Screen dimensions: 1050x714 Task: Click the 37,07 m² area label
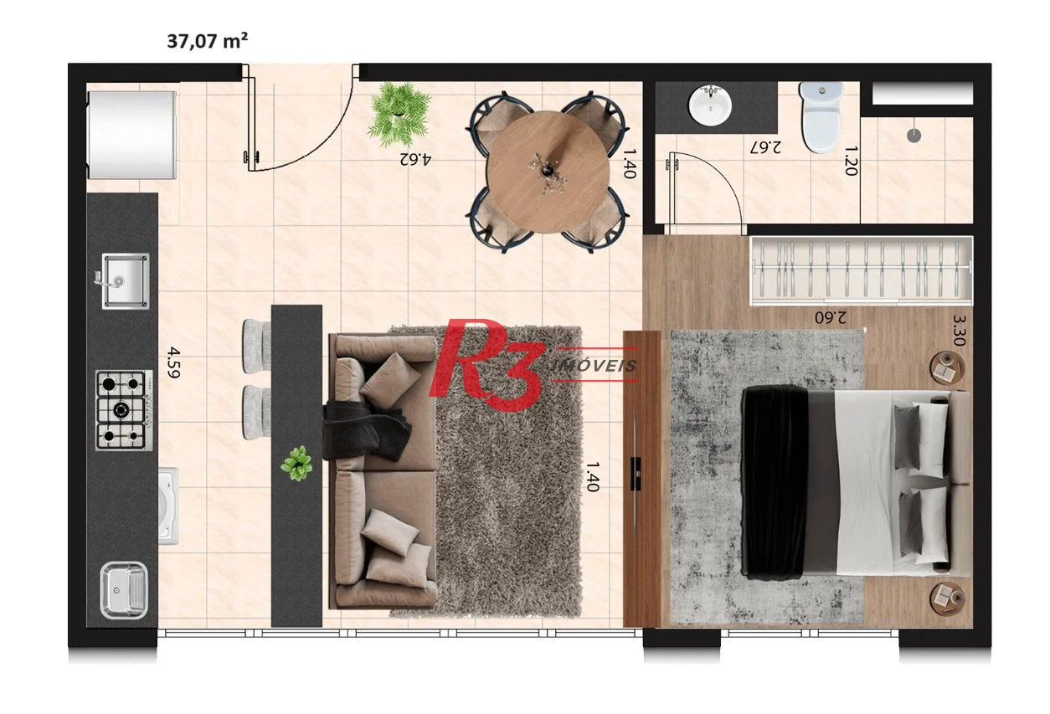[207, 41]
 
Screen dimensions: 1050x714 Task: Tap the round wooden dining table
[548, 172]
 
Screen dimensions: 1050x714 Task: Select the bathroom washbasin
[710, 105]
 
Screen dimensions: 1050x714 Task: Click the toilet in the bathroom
[821, 116]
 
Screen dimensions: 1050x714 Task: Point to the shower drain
[914, 136]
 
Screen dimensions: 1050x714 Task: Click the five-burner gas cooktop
[124, 410]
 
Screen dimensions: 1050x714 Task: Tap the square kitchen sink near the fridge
[126, 281]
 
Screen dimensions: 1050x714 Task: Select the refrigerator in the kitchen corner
[131, 135]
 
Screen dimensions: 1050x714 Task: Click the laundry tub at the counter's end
[124, 590]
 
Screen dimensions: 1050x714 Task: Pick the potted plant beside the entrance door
[399, 114]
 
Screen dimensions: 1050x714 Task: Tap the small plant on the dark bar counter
[297, 464]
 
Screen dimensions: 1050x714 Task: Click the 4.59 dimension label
[173, 362]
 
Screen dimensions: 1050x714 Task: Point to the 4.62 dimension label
[415, 158]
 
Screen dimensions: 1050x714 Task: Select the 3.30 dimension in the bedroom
[959, 330]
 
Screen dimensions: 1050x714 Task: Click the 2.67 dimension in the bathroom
[765, 147]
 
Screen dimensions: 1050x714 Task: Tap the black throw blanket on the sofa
[367, 430]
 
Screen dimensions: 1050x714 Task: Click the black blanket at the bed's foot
[775, 481]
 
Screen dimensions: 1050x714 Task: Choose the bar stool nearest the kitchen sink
[256, 346]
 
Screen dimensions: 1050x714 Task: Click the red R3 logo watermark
[487, 364]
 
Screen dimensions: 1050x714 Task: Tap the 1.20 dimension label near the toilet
[851, 161]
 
